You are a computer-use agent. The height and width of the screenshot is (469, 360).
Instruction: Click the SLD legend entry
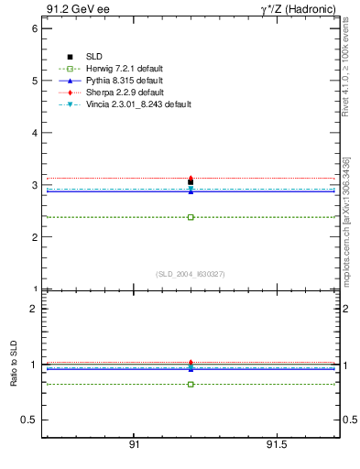95,58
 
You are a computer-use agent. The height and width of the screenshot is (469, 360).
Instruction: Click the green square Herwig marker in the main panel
191,217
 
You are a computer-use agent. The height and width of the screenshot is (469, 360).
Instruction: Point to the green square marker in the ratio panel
191,384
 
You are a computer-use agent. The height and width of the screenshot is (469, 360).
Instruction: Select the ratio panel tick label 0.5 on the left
28,420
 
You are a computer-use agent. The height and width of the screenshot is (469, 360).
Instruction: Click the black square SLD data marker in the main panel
191,182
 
